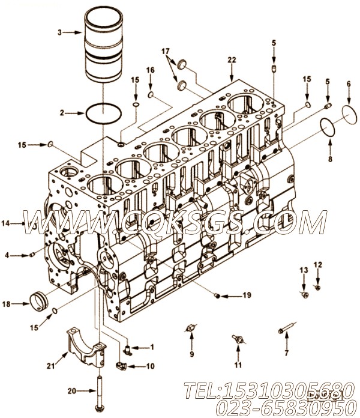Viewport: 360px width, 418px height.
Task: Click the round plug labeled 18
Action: click(38, 300)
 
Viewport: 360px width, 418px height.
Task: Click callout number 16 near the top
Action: click(150, 70)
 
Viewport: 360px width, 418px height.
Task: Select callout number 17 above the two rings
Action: click(166, 52)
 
